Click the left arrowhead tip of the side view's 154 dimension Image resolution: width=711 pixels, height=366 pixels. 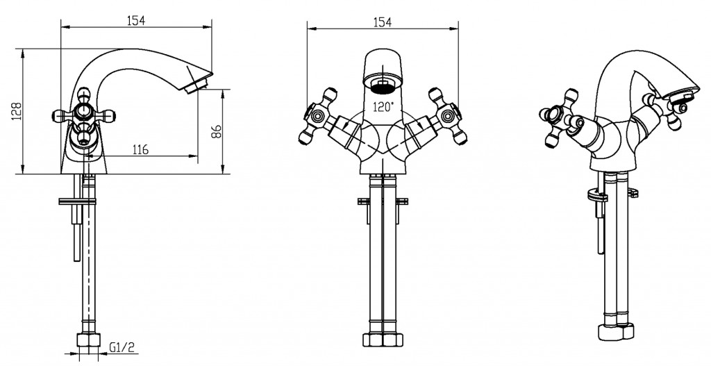pyautogui.click(x=61, y=27)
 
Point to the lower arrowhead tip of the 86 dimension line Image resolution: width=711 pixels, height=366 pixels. pyautogui.click(x=222, y=174)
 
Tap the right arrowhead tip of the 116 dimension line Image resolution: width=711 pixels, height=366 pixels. pyautogui.click(x=198, y=156)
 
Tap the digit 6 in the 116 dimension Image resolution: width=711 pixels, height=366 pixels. pyautogui.click(x=144, y=149)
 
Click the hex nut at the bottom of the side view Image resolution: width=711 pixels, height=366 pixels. pyautogui.click(x=88, y=341)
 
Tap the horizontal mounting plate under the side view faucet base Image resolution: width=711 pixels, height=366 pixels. pyautogui.click(x=77, y=201)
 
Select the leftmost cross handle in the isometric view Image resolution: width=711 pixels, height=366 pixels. pyautogui.click(x=558, y=118)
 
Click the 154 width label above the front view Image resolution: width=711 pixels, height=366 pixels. pyautogui.click(x=382, y=22)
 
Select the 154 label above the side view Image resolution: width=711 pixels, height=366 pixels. pyautogui.click(x=135, y=20)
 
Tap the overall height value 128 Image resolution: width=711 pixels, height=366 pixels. pyautogui.click(x=17, y=111)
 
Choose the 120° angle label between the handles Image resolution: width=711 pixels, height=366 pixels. pyautogui.click(x=383, y=107)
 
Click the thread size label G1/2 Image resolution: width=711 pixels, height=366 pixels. pyautogui.click(x=122, y=348)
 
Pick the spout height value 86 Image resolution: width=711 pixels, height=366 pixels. pyautogui.click(x=216, y=131)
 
